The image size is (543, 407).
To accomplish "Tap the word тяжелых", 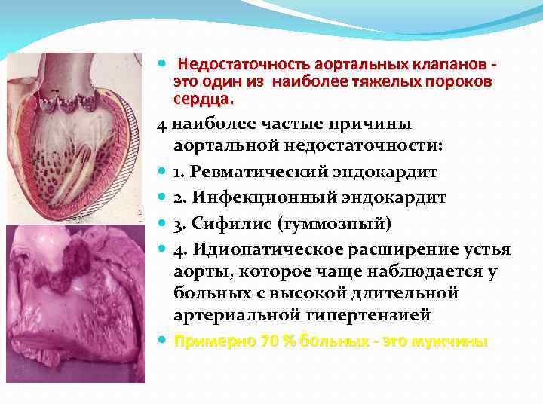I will tap(366, 82).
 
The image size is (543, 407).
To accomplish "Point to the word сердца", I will tap(203, 99).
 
